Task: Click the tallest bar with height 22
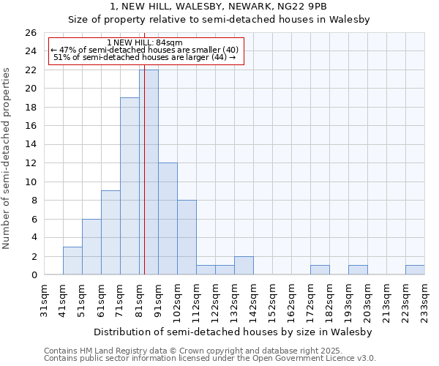point(149,172)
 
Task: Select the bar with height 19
point(130,186)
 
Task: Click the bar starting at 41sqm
point(72,261)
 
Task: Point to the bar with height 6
point(91,247)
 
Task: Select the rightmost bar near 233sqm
point(415,270)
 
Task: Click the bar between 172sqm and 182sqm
point(320,270)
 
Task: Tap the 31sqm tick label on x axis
point(45,300)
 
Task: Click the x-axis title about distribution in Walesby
point(233,332)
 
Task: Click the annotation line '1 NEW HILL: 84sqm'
point(144,42)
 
